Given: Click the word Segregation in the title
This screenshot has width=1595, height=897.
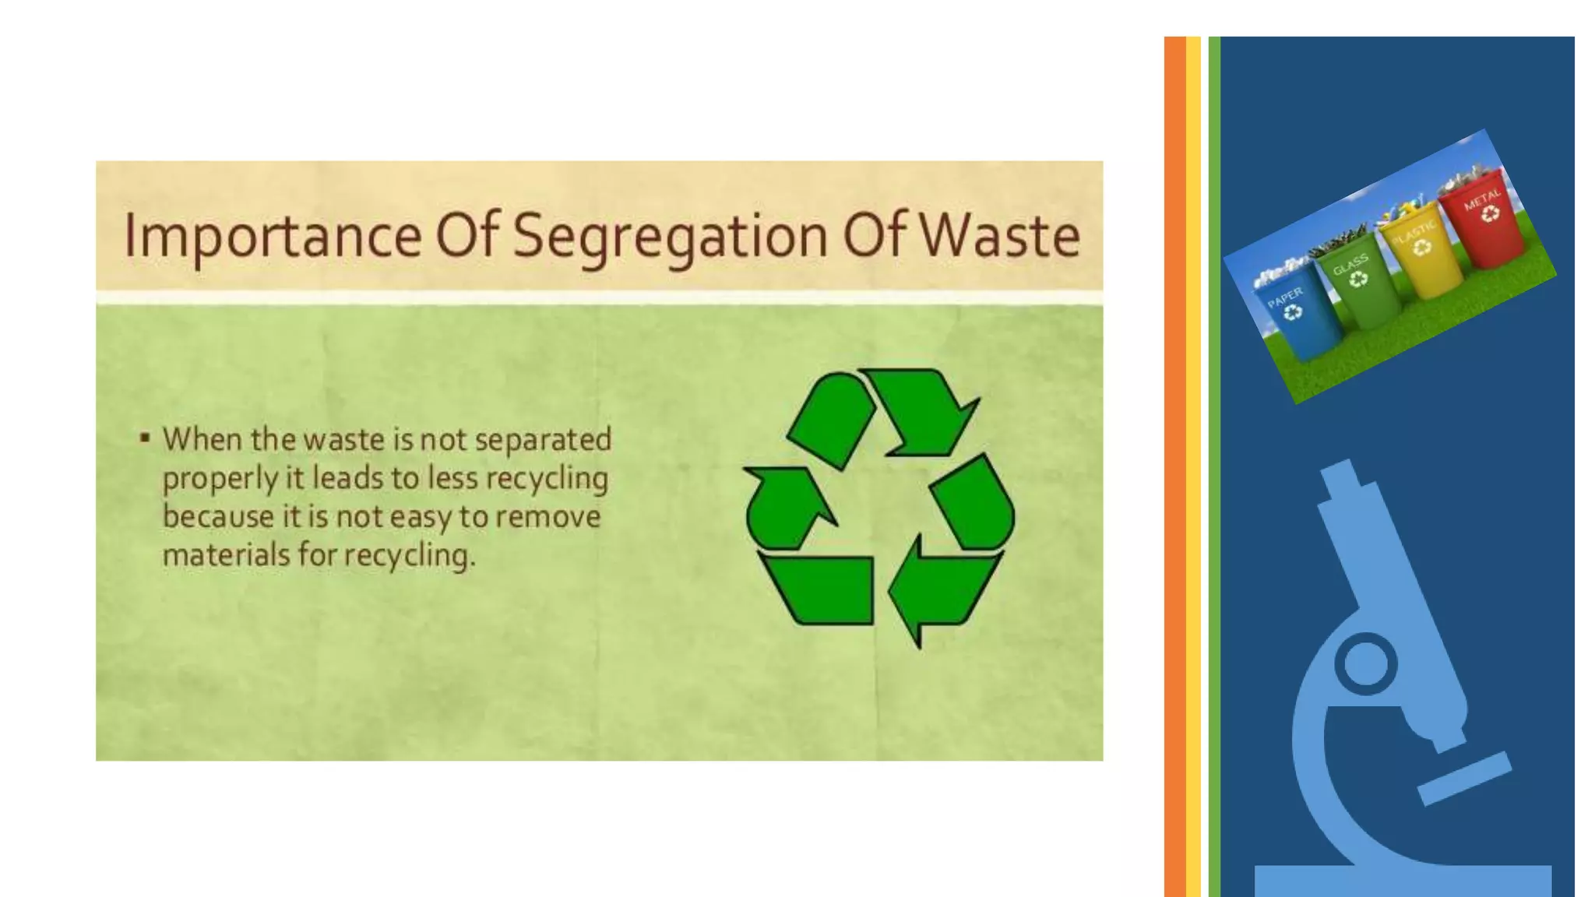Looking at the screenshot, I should click(x=670, y=236).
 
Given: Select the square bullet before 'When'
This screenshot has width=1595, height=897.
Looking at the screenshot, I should click(x=145, y=438).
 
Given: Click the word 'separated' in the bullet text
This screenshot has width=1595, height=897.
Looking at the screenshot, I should click(x=543, y=441).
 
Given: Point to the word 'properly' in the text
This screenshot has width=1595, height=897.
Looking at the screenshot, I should click(x=220, y=479).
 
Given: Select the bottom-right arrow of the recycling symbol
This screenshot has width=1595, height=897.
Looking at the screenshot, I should click(x=938, y=588).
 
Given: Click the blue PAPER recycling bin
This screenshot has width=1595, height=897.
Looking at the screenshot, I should click(x=1297, y=319).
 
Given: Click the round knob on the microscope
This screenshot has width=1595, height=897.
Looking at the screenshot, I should click(x=1366, y=664).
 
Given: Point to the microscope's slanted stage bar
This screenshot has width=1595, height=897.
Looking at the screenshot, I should click(x=1464, y=779).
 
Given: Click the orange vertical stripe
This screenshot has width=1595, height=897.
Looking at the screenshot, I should click(x=1174, y=467).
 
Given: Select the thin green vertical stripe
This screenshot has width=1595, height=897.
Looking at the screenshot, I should click(x=1213, y=467).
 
